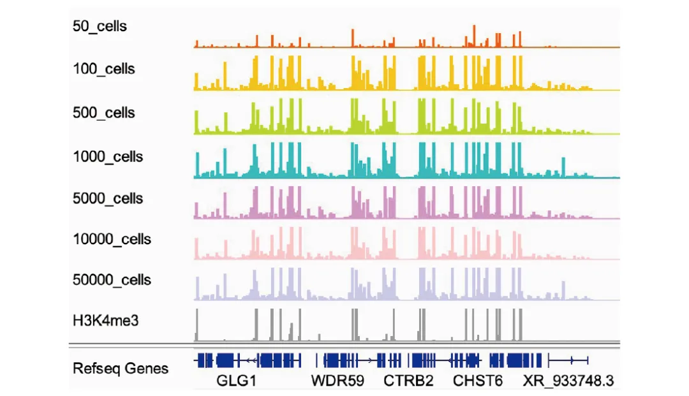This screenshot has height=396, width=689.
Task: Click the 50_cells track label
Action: coord(100,27)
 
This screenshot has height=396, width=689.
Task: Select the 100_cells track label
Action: coord(104,68)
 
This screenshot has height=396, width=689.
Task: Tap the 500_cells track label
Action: coord(104,113)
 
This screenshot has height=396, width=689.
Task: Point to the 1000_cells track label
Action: coord(108,157)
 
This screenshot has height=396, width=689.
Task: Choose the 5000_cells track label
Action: coord(108,198)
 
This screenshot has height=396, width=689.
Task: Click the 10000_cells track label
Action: coord(112,239)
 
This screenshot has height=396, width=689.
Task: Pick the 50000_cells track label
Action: coord(112,280)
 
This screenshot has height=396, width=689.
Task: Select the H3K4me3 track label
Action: coord(106,320)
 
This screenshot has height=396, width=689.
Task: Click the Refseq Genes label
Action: coord(121,369)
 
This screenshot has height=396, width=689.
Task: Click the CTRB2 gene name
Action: coord(408,381)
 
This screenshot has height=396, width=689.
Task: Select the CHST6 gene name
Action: coord(478,381)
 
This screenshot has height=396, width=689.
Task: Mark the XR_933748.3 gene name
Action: coord(568,381)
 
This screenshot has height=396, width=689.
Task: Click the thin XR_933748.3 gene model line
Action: coord(568,361)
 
